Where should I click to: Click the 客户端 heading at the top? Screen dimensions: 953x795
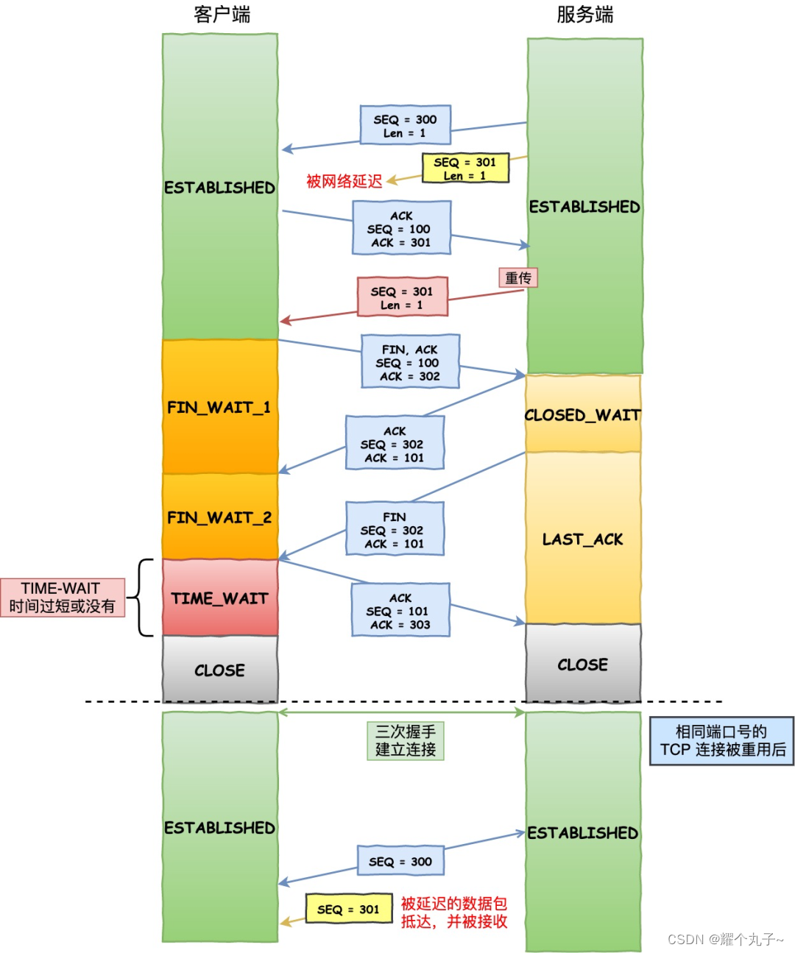(x=222, y=15)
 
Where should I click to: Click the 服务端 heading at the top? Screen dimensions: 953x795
(x=584, y=15)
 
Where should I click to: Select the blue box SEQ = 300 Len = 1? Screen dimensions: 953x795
(x=405, y=125)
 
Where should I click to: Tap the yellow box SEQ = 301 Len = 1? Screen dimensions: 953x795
(x=465, y=169)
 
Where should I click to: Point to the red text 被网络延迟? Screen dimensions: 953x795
(x=344, y=181)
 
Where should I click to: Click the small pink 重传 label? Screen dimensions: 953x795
(x=518, y=277)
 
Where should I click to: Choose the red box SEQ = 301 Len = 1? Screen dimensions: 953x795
(x=402, y=297)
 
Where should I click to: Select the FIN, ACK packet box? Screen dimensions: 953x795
(x=410, y=362)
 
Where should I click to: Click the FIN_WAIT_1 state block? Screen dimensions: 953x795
(x=219, y=407)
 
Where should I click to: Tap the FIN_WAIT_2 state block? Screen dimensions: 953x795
(x=219, y=517)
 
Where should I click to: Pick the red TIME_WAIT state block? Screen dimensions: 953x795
(x=219, y=598)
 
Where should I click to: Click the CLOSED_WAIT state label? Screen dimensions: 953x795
(x=582, y=415)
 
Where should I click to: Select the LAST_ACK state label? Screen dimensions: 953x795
(x=582, y=539)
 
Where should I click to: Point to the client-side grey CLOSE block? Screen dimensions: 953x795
(x=219, y=670)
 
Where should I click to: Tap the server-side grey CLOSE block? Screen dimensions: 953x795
(x=582, y=665)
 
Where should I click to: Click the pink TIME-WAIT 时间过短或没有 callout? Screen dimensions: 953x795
(x=63, y=598)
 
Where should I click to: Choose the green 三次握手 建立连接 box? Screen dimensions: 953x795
(x=406, y=740)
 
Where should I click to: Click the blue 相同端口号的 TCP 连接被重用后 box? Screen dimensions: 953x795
(x=721, y=741)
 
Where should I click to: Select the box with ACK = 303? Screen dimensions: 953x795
(x=400, y=611)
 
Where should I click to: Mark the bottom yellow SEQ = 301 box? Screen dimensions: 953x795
(x=349, y=910)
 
